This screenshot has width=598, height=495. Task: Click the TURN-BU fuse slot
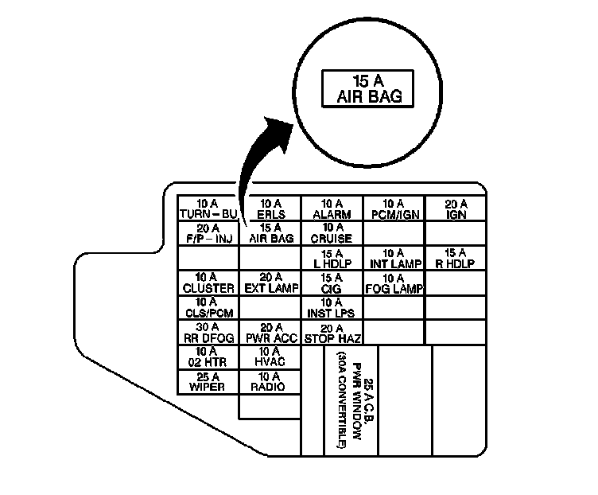[x=208, y=209]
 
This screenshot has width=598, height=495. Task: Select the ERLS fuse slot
[x=270, y=209]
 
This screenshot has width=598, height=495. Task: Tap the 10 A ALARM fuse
[x=332, y=209]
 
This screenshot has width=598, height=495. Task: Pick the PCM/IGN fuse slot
[x=394, y=209]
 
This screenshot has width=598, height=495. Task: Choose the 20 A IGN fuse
[x=456, y=209]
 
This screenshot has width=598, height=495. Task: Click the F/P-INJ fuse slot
[x=208, y=233]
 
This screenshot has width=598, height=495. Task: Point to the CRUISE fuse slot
[x=332, y=233]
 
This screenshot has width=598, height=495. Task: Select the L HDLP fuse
[x=332, y=258]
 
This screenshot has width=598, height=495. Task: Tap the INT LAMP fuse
[x=394, y=258]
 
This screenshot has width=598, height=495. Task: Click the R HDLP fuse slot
[x=456, y=258]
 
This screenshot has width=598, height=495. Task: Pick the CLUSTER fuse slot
[x=208, y=283]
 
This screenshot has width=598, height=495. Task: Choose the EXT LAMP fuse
[x=270, y=283]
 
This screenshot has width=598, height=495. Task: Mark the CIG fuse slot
[x=332, y=283]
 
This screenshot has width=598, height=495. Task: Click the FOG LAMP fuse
[x=394, y=283]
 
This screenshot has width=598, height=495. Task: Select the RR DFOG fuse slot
[x=208, y=332]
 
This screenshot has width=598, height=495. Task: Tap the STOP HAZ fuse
[x=332, y=333]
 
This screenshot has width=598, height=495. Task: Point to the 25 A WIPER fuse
[x=208, y=381]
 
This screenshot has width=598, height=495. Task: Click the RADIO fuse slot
[x=270, y=381]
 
